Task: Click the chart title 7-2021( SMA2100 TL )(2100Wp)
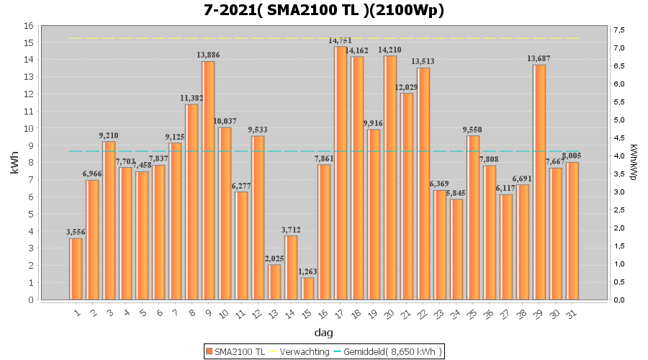click(x=323, y=10)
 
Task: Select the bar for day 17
click(x=341, y=173)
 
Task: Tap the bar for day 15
click(x=307, y=288)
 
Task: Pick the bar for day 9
click(x=208, y=180)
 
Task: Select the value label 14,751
click(x=341, y=41)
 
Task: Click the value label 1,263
click(x=307, y=271)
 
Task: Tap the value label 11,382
click(x=192, y=98)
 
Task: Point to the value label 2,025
click(x=274, y=258)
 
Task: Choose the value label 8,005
click(x=572, y=156)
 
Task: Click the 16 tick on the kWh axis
click(x=30, y=25)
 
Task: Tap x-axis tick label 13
click(x=274, y=313)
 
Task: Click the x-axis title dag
click(x=323, y=333)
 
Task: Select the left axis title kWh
click(x=14, y=163)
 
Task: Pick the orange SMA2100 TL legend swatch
click(x=210, y=351)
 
